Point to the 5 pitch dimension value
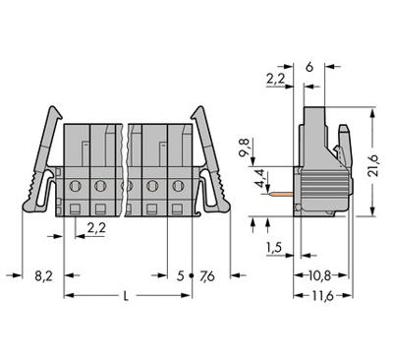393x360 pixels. click(180, 276)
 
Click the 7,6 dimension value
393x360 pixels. click(206, 276)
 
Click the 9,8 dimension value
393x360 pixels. click(245, 150)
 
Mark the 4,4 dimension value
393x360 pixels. click(257, 178)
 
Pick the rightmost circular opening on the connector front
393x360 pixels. click(178, 184)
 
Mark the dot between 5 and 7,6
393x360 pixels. click(192, 277)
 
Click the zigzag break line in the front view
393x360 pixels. click(124, 167)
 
